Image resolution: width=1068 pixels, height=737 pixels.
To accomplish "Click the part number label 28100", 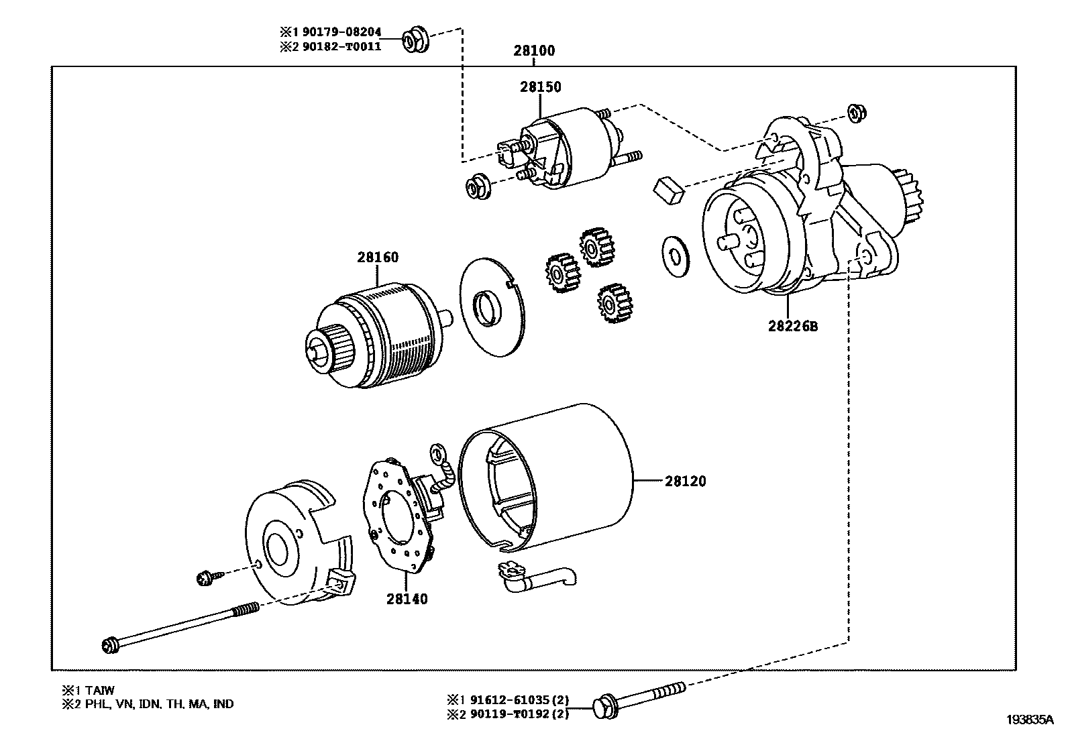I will point(534,50).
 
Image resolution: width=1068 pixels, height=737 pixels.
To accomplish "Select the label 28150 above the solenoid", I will point(540,87).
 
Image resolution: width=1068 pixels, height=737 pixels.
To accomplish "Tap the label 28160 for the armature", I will point(377,258).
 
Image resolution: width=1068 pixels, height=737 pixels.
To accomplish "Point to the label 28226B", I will point(793,327).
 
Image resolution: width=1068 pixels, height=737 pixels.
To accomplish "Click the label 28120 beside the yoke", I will point(685,481).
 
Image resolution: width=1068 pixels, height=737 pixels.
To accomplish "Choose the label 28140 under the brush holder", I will point(407,599).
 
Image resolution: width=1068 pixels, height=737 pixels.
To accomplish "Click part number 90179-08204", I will point(341,32).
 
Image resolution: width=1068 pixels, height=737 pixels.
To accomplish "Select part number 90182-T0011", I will point(341,46).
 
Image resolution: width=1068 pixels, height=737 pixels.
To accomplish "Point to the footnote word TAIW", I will point(99,690).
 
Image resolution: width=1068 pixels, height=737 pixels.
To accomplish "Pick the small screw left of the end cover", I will point(205,576).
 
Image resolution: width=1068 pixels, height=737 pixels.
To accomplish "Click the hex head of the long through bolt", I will point(110,646).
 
